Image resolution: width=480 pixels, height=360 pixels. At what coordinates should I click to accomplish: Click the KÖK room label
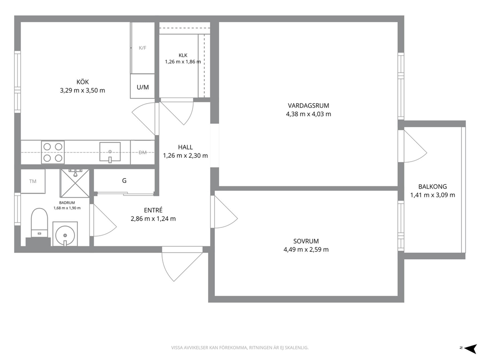pyautogui.click(x=83, y=82)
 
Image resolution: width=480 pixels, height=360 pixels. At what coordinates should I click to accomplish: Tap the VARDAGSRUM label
pyautogui.click(x=309, y=105)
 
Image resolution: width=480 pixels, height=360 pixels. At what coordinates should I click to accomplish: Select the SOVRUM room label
pyautogui.click(x=306, y=241)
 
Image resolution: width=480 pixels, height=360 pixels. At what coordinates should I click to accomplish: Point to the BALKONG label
pyautogui.click(x=433, y=186)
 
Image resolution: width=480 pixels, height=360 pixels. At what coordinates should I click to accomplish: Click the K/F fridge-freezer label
pyautogui.click(x=143, y=48)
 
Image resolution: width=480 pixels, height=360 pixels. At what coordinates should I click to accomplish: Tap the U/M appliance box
pyautogui.click(x=142, y=86)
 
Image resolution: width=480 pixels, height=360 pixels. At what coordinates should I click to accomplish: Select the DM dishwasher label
pyautogui.click(x=143, y=152)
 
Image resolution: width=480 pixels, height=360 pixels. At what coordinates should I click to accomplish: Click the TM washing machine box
pyautogui.click(x=33, y=181)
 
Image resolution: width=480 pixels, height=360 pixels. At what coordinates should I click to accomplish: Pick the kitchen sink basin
pyautogui.click(x=110, y=152)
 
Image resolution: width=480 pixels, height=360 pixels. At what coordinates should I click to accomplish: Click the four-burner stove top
pyautogui.click(x=53, y=152)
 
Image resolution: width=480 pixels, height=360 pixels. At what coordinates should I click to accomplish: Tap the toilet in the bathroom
pyautogui.click(x=40, y=223)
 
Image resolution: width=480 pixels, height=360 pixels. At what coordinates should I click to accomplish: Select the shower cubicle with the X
pyautogui.click(x=75, y=183)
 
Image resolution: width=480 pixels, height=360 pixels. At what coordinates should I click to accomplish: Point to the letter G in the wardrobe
pyautogui.click(x=124, y=180)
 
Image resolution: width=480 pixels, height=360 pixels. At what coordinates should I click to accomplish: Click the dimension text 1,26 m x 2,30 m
pyautogui.click(x=185, y=155)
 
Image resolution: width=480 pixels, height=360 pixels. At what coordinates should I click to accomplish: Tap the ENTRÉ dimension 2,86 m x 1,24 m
pyautogui.click(x=153, y=219)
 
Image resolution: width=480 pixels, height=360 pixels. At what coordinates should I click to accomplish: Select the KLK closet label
pyautogui.click(x=183, y=56)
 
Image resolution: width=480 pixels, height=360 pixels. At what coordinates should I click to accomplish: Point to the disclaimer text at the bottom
pyautogui.click(x=240, y=348)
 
